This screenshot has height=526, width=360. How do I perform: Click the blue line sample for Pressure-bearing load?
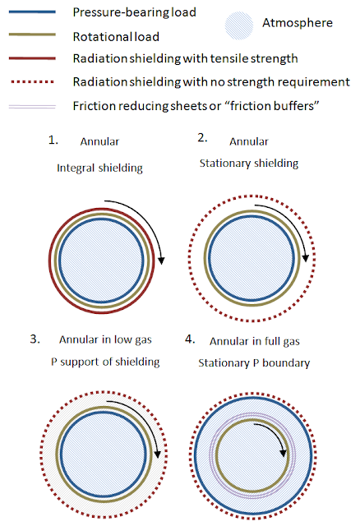32,12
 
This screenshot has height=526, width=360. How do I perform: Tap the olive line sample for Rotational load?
32,35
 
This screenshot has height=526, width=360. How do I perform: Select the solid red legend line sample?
32,58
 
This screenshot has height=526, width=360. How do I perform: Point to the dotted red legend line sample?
32,81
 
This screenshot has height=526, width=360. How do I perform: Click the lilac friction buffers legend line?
32,107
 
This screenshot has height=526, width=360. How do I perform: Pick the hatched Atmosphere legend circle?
239,25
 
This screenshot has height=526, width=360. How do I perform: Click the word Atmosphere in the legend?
298,23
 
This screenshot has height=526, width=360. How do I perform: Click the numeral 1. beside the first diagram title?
53,141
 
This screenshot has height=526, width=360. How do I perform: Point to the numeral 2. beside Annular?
202,138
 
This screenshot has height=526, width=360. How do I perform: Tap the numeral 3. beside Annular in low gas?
35,339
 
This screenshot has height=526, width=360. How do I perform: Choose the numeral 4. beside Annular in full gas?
190,339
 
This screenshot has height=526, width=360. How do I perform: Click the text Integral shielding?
99,168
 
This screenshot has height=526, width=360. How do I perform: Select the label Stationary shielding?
249,164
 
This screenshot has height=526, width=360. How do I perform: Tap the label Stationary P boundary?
254,363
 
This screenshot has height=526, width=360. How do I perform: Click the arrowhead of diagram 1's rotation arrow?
162,261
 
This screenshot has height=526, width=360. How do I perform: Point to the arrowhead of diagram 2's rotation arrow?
305,258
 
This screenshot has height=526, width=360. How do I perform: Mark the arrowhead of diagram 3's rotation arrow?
157,454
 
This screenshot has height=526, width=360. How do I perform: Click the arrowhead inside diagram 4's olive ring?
284,453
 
